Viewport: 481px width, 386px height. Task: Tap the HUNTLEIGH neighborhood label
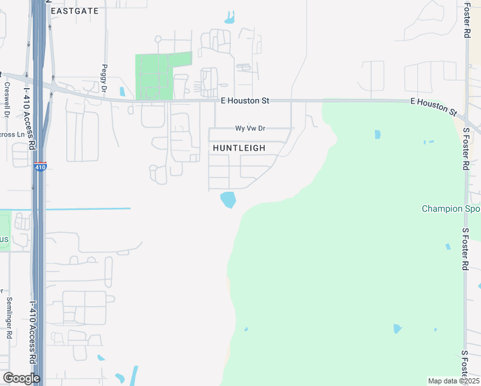tap(239, 148)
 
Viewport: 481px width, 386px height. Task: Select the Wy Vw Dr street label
tap(250, 129)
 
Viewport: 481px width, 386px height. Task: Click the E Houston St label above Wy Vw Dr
tap(244, 101)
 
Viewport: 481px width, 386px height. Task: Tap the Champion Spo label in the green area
tap(451, 208)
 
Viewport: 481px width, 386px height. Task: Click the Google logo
tap(21, 378)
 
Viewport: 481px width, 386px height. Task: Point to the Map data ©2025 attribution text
tap(453, 381)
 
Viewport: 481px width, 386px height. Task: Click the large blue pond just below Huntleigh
tap(228, 199)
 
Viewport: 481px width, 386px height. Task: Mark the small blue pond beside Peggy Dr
tap(122, 91)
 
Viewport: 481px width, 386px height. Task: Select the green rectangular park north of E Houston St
tap(163, 75)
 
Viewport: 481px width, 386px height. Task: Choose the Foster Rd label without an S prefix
tap(467, 19)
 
